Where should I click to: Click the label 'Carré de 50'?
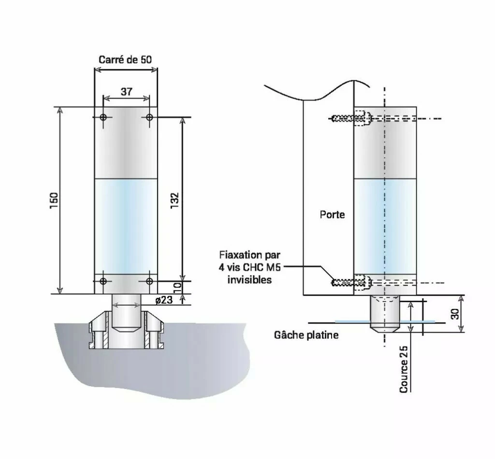[125, 60]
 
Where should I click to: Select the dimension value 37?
[126, 91]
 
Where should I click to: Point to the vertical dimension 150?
[54, 200]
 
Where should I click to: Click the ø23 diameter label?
[164, 300]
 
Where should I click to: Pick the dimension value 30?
[455, 314]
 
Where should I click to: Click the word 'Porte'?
[333, 214]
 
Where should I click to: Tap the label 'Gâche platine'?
[306, 335]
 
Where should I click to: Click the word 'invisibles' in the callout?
[249, 280]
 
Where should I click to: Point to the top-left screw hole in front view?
[103, 117]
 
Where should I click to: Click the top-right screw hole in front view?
[149, 117]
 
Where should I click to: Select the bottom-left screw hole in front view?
[103, 281]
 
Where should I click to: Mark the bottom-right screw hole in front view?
[149, 281]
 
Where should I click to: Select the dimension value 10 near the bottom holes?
[177, 287]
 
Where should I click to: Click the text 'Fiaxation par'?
[249, 255]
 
